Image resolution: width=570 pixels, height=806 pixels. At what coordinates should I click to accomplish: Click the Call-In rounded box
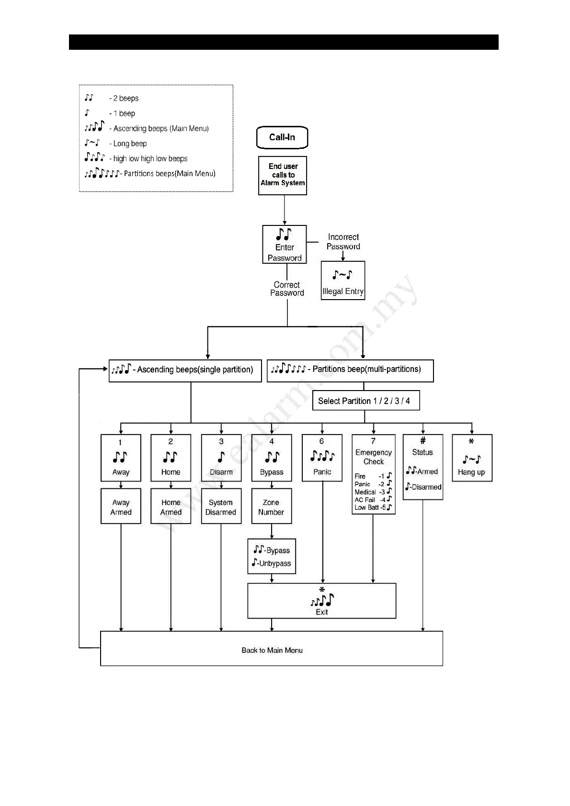(282, 137)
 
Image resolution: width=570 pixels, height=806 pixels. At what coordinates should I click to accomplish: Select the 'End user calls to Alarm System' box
(283, 175)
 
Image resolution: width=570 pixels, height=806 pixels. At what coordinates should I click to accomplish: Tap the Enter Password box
(285, 245)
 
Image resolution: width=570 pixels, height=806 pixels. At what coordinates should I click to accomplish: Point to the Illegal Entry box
(343, 280)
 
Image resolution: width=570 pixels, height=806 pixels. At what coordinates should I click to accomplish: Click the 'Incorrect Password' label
(343, 242)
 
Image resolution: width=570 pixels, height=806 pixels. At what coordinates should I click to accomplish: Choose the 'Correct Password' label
(287, 289)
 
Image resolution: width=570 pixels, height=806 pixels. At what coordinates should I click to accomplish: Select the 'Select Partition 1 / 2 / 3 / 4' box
(365, 401)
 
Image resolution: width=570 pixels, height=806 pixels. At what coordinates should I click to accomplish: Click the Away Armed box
(121, 506)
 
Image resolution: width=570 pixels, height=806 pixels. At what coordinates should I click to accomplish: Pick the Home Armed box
(171, 506)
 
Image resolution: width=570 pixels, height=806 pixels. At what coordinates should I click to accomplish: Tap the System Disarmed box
(221, 506)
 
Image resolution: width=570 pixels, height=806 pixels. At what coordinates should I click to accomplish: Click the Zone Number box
(271, 506)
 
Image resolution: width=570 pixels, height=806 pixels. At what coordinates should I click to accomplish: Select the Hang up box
(472, 458)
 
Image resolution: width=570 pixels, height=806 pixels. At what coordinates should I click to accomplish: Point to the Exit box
(321, 601)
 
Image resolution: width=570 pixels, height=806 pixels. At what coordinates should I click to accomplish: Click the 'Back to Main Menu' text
(272, 650)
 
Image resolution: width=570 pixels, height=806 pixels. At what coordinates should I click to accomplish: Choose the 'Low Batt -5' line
(373, 507)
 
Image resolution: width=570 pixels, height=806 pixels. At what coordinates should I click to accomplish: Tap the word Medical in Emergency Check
(365, 492)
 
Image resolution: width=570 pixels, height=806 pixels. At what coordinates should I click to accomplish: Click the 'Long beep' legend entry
(130, 144)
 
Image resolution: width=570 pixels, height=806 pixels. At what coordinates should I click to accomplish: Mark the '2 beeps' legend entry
(125, 99)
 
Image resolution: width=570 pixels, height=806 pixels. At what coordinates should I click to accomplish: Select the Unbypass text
(275, 563)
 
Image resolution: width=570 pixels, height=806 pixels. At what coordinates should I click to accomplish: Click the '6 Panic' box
(322, 458)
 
